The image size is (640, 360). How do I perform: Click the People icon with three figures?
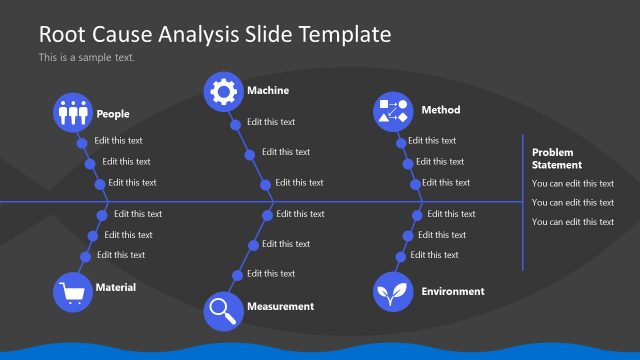coord(73,113)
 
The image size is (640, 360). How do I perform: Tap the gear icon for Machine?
coord(224,91)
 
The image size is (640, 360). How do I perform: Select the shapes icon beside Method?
coord(392,111)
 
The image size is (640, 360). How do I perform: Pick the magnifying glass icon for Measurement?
coord(223,310)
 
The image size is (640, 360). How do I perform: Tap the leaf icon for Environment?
coord(392,292)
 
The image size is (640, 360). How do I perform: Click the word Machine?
coord(268,91)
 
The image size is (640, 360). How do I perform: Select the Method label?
coord(440,110)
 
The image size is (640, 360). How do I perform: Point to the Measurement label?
coord(280,306)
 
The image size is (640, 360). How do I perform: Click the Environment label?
coord(452,291)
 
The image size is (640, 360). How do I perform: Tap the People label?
coord(112,114)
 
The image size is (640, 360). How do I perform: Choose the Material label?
coord(115,287)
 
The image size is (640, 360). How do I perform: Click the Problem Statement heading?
coord(557,158)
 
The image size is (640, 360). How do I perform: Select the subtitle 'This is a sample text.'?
coord(86,57)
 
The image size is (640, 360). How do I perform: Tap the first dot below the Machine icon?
coord(235,125)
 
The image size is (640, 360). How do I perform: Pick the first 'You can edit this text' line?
coord(572,183)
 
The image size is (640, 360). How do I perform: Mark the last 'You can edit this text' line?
coord(572,222)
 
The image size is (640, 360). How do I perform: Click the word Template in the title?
coord(346,34)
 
